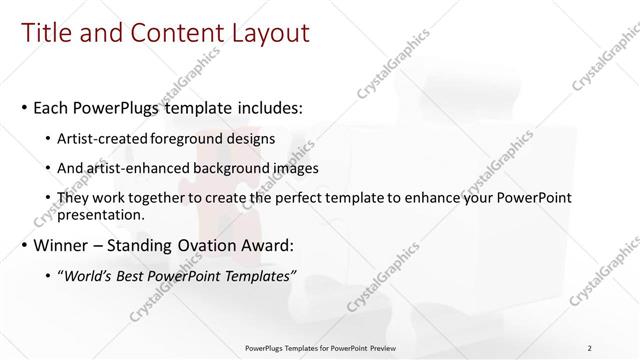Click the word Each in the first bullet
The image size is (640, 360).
(x=52, y=107)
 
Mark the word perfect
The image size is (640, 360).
(x=307, y=198)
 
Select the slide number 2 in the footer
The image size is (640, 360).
(x=590, y=347)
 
